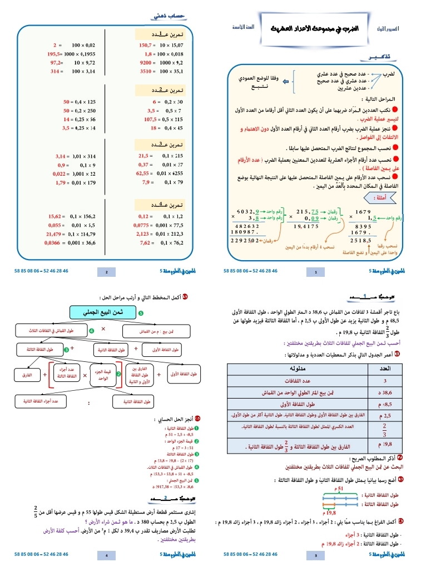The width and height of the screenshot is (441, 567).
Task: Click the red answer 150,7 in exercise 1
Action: (x=146, y=44)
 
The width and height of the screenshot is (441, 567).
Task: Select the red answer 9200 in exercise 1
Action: (x=146, y=63)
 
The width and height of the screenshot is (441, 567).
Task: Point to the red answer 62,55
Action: (x=146, y=173)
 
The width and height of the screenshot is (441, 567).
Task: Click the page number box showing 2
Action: (x=106, y=272)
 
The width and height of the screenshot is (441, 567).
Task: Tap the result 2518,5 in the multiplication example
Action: (x=365, y=240)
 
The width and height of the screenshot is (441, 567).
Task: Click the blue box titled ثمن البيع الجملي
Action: (x=102, y=312)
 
